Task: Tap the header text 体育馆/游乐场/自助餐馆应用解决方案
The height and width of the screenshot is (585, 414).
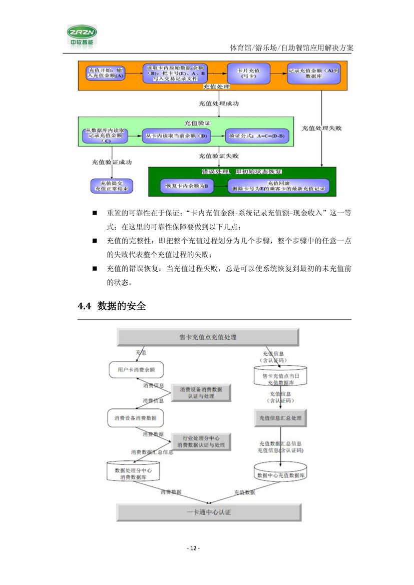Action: click(291, 48)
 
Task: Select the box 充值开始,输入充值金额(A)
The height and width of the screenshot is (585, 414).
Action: click(105, 73)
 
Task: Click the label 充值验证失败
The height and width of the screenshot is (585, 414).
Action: click(218, 156)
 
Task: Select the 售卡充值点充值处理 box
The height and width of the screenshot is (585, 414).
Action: click(208, 337)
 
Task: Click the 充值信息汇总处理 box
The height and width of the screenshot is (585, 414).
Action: click(280, 417)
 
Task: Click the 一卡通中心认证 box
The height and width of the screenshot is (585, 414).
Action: click(208, 512)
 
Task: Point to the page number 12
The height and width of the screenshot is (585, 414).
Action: click(193, 548)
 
